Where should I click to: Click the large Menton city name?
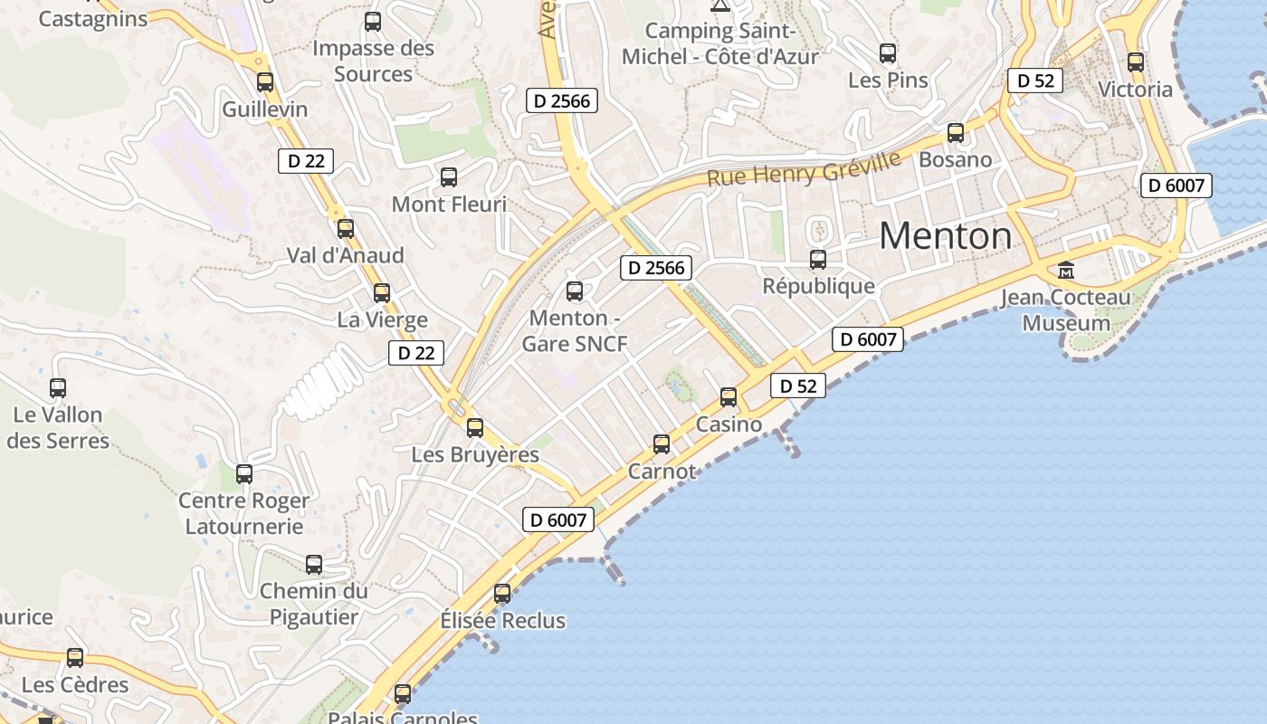click(946, 236)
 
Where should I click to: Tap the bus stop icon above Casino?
click(729, 396)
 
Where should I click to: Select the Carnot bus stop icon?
click(662, 443)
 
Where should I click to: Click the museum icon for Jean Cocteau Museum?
click(1066, 271)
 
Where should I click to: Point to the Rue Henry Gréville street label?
click(804, 169)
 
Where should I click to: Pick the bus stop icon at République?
click(818, 260)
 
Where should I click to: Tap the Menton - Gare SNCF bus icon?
click(575, 291)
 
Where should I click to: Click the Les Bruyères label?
click(475, 454)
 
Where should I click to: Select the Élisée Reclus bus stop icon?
click(502, 594)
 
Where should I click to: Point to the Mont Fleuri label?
click(449, 205)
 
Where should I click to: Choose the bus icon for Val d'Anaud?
click(346, 229)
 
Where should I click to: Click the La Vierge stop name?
click(382, 319)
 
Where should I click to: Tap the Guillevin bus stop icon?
click(265, 82)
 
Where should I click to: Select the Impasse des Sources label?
click(373, 61)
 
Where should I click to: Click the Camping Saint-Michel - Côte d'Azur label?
click(719, 43)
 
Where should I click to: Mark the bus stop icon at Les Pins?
click(888, 53)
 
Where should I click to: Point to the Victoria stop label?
click(1135, 90)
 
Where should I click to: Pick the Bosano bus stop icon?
click(956, 133)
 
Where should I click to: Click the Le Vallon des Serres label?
click(58, 428)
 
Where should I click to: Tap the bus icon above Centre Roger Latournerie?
click(244, 473)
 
